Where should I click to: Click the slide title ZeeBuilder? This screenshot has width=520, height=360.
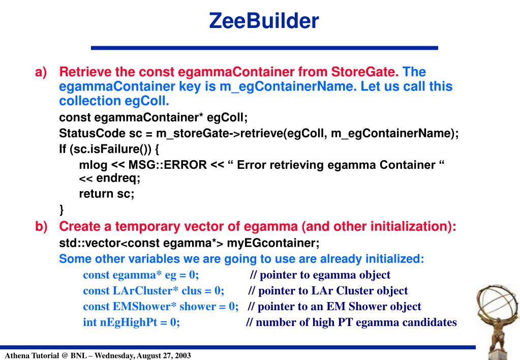[x=264, y=21]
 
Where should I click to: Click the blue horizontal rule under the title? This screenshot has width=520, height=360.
[x=264, y=48]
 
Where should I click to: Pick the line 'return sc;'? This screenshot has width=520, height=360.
[x=106, y=194]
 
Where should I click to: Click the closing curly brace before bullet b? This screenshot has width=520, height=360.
[x=62, y=209]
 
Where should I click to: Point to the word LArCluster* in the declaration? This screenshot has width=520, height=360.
[x=137, y=291]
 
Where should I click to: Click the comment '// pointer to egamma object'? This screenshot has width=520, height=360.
[x=320, y=275]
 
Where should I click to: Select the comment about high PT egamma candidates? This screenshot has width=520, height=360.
[x=351, y=322]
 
